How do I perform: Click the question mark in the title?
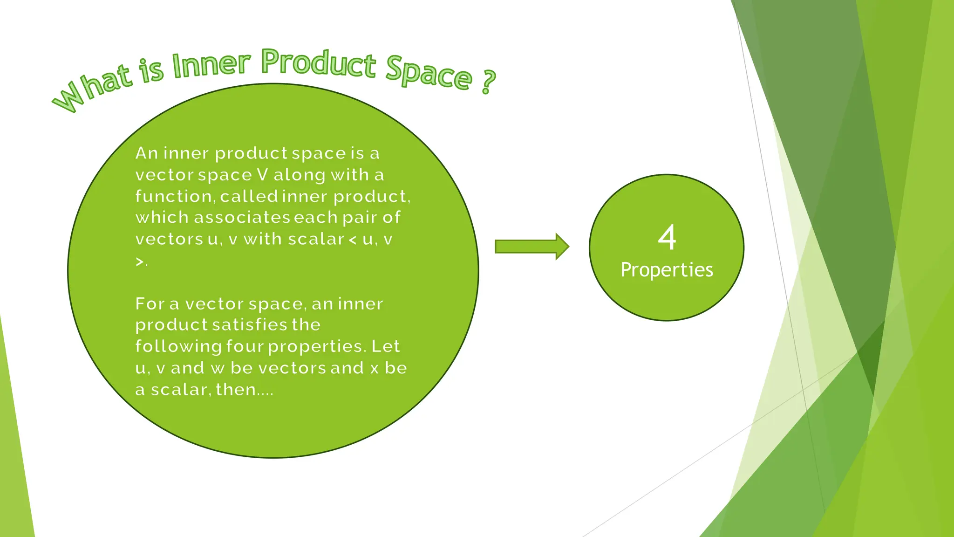(x=487, y=82)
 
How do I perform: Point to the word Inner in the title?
(x=211, y=65)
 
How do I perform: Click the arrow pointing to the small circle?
(x=532, y=246)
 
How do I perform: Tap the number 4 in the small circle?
(x=667, y=237)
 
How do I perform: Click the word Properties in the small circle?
(x=667, y=270)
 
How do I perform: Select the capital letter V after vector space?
(x=262, y=175)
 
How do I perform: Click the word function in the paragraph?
(x=174, y=196)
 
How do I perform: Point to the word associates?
(x=242, y=217)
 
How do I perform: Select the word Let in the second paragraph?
(x=386, y=346)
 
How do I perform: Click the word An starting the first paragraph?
(x=146, y=153)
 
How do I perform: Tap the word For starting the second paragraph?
(x=150, y=304)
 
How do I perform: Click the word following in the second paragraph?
(x=178, y=346)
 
